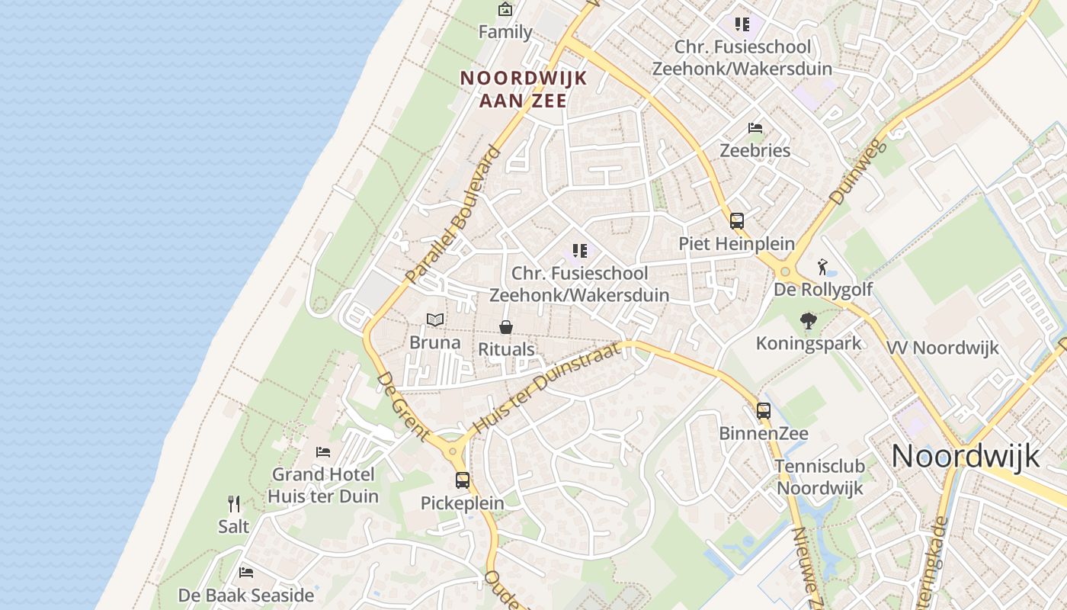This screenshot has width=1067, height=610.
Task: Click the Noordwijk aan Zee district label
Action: [524, 88]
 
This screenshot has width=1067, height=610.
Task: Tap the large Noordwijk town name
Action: [965, 456]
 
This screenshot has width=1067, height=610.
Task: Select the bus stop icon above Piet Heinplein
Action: [736, 221]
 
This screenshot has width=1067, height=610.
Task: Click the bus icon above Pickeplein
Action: [463, 480]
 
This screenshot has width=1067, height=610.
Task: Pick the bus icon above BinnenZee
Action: [763, 411]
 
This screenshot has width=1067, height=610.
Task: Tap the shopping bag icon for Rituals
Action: [505, 327]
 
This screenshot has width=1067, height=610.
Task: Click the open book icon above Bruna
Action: [435, 319]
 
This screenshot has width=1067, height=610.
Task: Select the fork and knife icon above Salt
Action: [234, 504]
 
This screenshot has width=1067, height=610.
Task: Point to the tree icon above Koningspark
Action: [808, 321]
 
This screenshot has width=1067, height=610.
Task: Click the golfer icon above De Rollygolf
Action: [822, 267]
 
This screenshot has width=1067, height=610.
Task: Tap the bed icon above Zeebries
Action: [755, 127]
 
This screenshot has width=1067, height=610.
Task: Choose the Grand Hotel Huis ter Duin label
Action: [323, 485]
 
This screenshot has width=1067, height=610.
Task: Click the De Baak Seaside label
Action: [246, 595]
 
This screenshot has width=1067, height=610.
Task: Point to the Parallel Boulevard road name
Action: [453, 214]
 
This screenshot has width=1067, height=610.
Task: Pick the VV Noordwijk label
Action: [942, 348]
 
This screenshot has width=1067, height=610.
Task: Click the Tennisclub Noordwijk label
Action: [819, 477]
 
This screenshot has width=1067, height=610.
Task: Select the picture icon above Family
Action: [505, 9]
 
